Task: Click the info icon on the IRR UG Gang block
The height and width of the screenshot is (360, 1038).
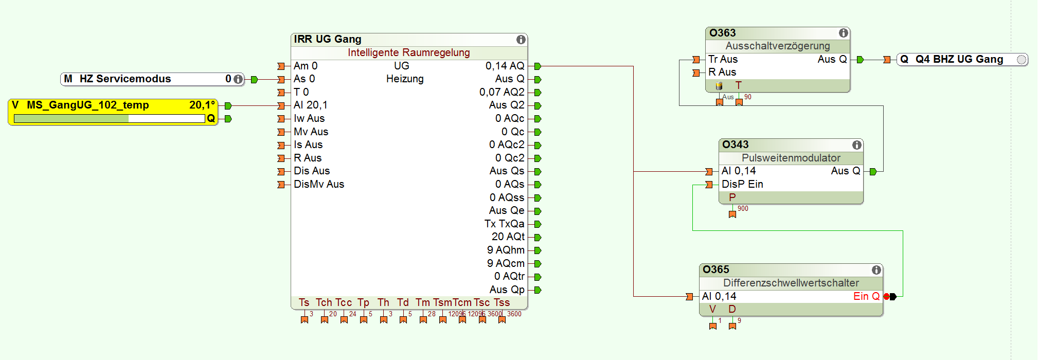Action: [x=521, y=40]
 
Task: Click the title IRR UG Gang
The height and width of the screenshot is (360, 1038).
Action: [x=328, y=39]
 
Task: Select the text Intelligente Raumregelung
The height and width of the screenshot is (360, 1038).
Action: [x=408, y=52]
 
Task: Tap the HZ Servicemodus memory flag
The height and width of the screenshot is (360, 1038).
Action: [x=125, y=79]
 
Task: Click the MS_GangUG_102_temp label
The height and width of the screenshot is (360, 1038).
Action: [x=88, y=105]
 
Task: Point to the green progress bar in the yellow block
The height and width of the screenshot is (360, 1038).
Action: [x=71, y=119]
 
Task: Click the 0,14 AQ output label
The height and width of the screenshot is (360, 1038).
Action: [x=505, y=66]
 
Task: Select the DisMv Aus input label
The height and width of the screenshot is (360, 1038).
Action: [x=318, y=184]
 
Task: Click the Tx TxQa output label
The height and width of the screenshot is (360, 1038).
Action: [x=504, y=224]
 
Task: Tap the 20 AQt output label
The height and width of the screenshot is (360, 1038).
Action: [x=508, y=237]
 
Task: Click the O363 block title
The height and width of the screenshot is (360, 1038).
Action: [x=723, y=33]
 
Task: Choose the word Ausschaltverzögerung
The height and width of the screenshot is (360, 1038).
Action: [x=777, y=46]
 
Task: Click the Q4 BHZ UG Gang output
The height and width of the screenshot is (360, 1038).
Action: [x=959, y=59]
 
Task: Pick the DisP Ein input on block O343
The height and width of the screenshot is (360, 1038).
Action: [x=742, y=184]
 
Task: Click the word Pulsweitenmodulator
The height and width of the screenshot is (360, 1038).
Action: [x=791, y=158]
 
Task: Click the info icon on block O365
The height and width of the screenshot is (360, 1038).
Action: [x=876, y=270]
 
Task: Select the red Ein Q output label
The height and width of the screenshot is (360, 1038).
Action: [x=866, y=296]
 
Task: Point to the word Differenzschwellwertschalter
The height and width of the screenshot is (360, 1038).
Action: [x=791, y=283]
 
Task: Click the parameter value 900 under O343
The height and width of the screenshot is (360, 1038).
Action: [x=743, y=208]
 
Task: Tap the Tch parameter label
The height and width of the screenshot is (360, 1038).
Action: [x=324, y=302]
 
